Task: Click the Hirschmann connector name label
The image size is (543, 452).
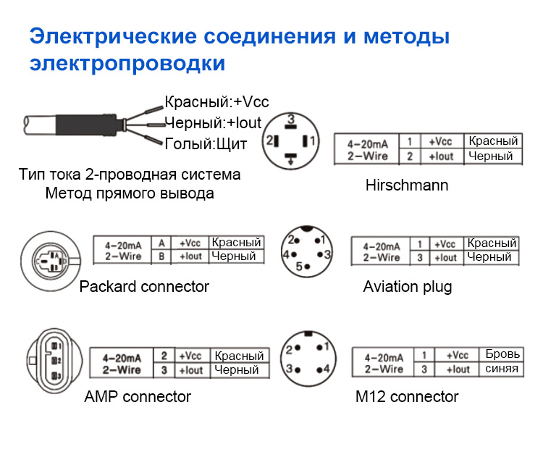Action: [x=407, y=185]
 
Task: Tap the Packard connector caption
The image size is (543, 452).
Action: [x=144, y=287]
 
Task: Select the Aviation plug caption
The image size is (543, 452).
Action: [x=407, y=287]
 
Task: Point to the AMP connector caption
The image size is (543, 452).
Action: [x=138, y=396]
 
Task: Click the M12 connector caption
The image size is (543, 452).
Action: [x=407, y=396]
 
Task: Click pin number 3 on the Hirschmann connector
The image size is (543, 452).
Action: [x=290, y=119]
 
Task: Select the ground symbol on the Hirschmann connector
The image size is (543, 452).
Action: [x=290, y=159]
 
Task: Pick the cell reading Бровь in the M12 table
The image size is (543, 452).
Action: [x=502, y=355]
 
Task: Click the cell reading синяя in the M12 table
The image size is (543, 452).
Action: [x=502, y=369]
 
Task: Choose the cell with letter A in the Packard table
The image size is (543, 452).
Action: [x=162, y=243]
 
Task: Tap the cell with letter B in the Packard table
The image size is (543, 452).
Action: [x=162, y=256]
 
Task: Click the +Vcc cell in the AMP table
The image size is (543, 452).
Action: [x=191, y=356]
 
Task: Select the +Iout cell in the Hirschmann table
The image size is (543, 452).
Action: [x=441, y=156]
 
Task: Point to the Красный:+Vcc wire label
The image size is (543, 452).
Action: [x=216, y=102]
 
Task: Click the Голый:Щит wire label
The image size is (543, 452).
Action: [x=206, y=143]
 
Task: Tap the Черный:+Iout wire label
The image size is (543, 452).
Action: [x=213, y=122]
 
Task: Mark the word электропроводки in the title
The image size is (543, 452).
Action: [x=127, y=63]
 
